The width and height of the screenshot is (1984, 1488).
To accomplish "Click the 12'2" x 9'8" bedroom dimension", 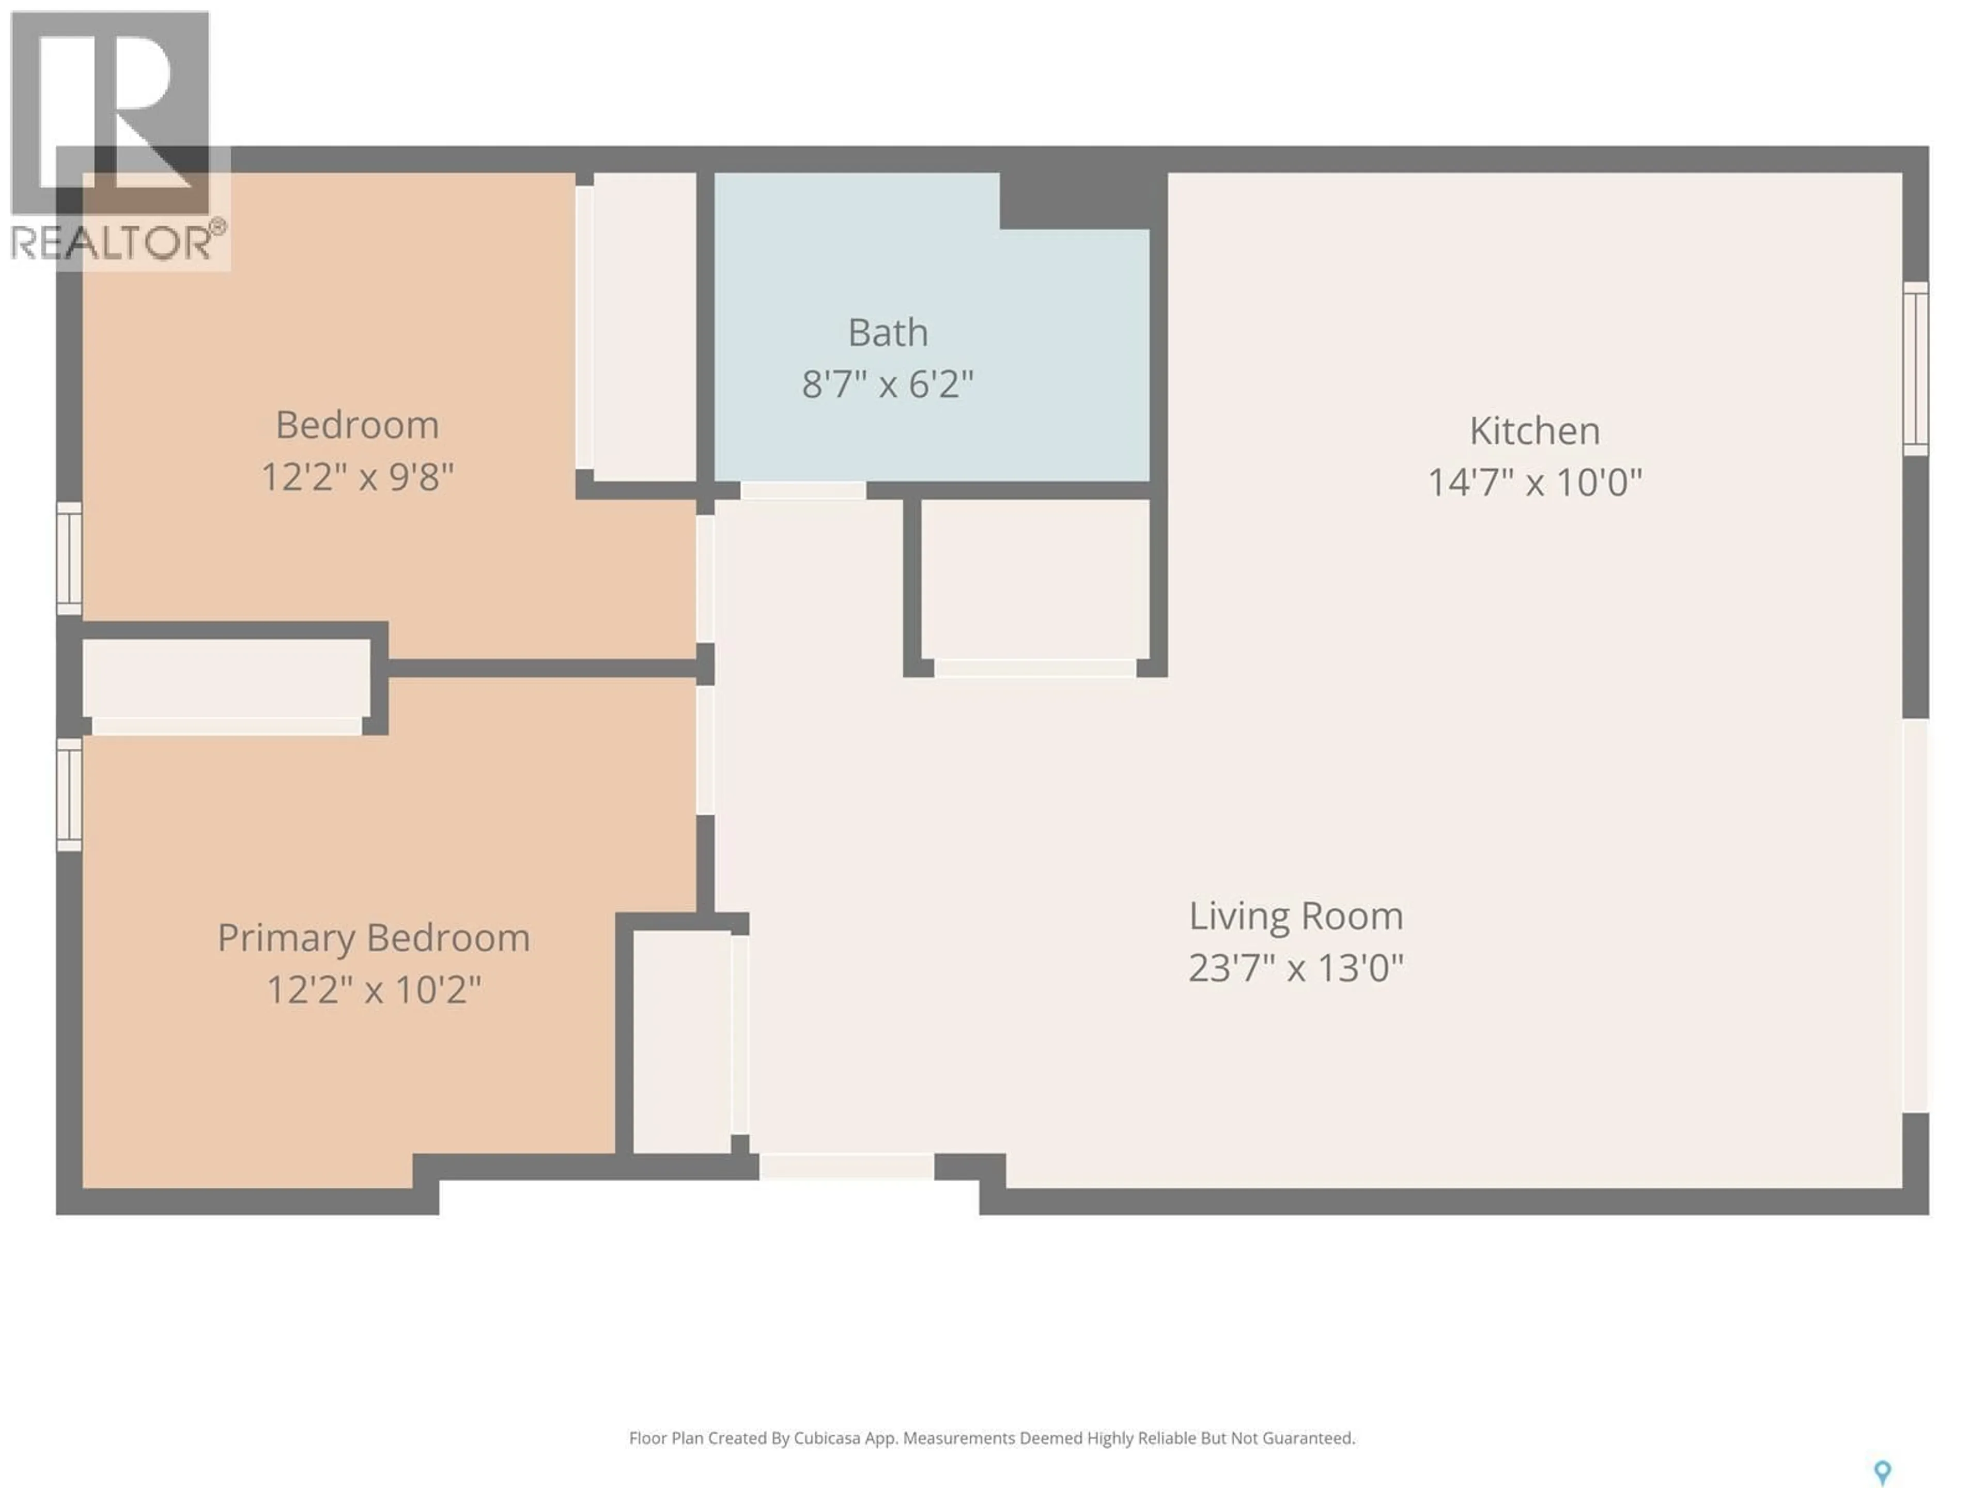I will [357, 477].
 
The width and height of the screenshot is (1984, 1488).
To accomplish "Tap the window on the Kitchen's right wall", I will [1914, 368].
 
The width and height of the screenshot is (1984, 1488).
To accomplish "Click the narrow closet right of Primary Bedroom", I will [681, 1041].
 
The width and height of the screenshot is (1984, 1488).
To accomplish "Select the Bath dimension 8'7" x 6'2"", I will [887, 385].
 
